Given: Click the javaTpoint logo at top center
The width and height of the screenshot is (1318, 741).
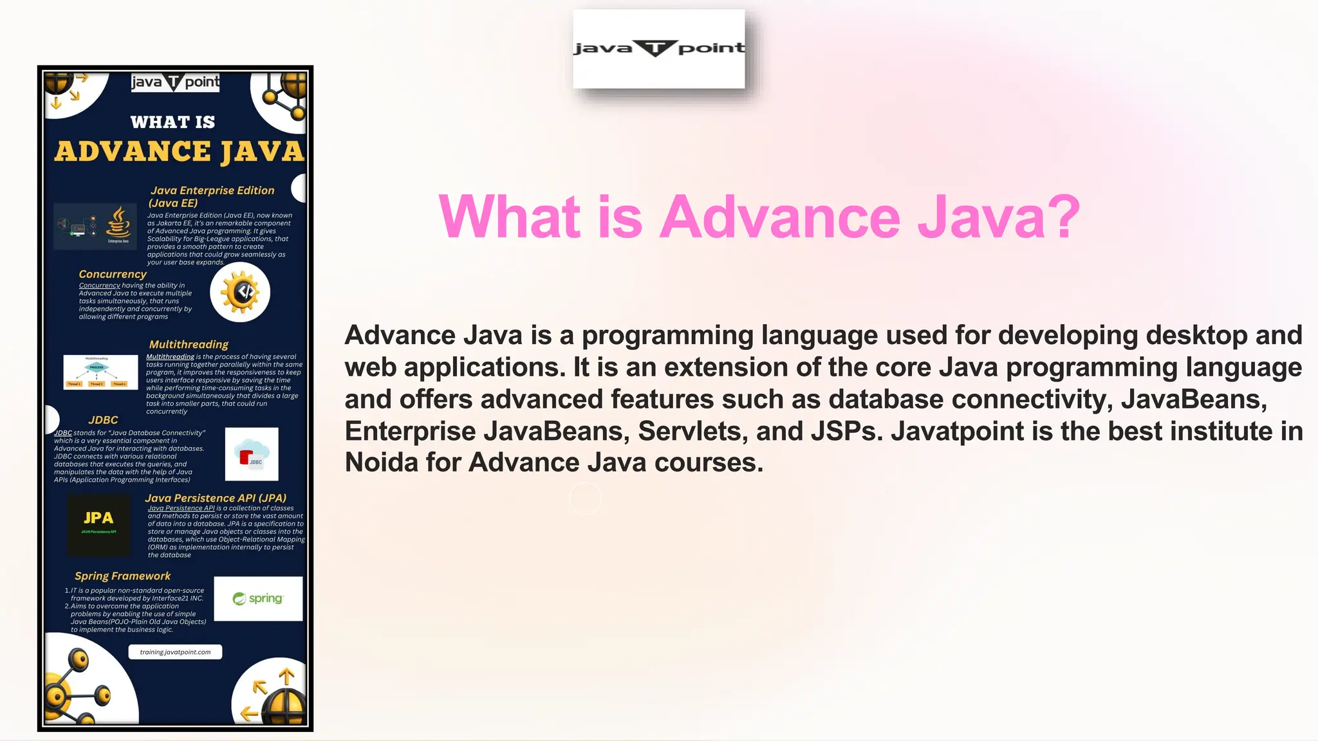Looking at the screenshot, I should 658,49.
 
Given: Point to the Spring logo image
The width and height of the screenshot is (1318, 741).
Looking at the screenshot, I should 258,599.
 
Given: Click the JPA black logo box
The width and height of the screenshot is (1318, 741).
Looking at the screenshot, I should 98,525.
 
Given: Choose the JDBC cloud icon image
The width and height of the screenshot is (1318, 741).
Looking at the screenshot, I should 252,454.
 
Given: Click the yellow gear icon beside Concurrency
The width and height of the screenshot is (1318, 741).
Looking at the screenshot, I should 240,292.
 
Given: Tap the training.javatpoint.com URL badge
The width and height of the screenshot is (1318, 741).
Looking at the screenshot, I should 175,652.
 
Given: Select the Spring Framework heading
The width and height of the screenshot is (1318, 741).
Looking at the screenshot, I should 122,576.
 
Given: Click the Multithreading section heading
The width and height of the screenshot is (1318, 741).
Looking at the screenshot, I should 189,345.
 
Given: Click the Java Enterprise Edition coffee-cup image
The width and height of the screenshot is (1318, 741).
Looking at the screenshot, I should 95,226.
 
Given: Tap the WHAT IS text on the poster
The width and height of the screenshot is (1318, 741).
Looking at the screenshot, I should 172,122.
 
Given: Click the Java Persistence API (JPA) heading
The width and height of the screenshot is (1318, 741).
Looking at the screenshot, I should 216,498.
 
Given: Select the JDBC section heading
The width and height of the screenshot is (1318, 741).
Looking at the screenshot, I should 103,420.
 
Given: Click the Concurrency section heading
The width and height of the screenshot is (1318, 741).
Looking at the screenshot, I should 113,274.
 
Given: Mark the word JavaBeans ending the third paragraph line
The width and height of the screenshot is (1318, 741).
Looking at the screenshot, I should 1193,399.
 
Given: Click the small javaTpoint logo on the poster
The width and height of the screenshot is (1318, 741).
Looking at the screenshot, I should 175,82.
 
